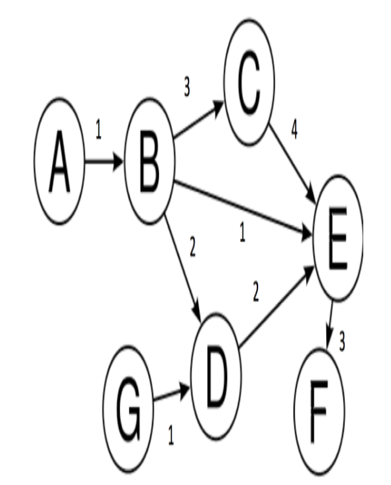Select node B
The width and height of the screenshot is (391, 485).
click(149, 161)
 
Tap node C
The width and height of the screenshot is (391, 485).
click(249, 84)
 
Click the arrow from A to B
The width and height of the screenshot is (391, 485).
click(104, 161)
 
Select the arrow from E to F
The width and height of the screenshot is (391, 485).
click(329, 324)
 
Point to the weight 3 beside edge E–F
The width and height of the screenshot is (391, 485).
click(342, 343)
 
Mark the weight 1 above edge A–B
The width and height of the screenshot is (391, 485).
click(98, 130)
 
